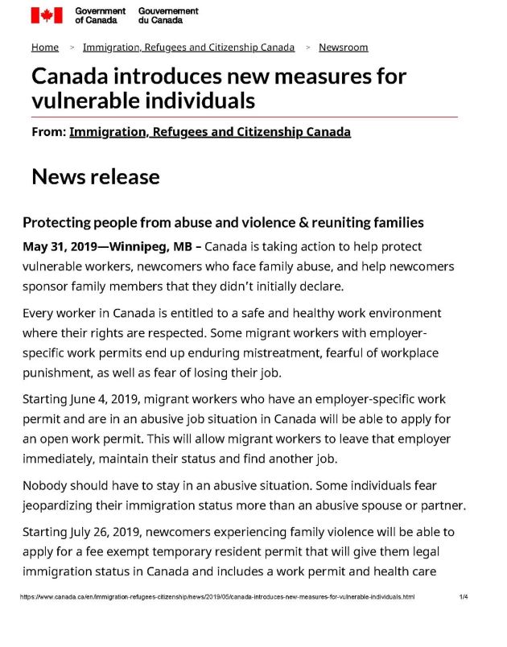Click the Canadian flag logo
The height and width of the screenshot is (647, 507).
coord(47,15)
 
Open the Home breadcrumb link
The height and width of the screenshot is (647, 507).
coord(45,47)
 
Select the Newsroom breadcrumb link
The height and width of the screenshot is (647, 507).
coord(344,47)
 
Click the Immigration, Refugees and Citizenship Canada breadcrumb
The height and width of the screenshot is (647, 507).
coord(188,47)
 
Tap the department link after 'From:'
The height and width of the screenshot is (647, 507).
coord(210,132)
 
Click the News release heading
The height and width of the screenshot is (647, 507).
coord(96,177)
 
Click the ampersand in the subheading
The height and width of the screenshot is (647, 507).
coord(299,223)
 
